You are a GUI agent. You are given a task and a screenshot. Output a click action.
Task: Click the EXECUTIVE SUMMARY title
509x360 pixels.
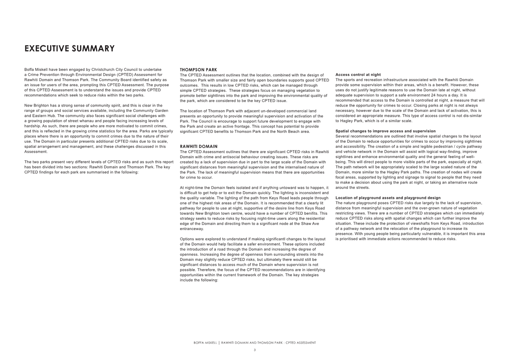coord(70,49)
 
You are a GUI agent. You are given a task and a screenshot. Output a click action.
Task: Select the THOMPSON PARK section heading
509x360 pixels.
coord(198,70)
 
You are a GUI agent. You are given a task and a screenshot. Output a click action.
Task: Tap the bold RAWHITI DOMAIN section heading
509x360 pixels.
coord(198,146)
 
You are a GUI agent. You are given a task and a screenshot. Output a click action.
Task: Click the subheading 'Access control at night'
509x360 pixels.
coord(358,75)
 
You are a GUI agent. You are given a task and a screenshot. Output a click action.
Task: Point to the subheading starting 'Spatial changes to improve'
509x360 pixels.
coord(385,131)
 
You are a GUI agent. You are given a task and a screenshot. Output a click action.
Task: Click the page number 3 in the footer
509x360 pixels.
coord(254,350)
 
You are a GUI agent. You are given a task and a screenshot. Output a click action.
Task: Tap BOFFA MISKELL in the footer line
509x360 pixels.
coord(205,343)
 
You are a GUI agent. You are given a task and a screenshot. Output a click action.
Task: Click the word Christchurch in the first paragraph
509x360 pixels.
coord(103,70)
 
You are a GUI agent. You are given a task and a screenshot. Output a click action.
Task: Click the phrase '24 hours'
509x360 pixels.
coord(442,95)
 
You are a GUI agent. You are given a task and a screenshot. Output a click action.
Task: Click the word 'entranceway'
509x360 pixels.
coord(191,229)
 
